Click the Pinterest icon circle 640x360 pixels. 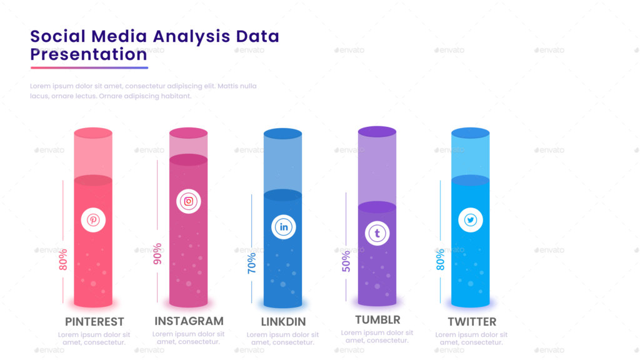coord(93,220)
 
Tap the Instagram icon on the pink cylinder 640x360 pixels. coord(188,201)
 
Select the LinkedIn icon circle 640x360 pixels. coord(283,226)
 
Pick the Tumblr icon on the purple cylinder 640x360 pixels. coord(377,233)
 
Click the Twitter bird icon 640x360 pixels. coord(471,220)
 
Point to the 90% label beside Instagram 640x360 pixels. coord(157,253)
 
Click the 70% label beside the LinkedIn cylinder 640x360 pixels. coord(251,263)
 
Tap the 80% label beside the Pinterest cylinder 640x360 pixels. coord(62,259)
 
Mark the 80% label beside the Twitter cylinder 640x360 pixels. coord(440,259)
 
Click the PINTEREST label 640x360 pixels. coord(94,322)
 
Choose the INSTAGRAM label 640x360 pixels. coord(189,321)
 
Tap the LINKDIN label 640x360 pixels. coord(283,322)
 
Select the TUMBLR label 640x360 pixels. coord(377,320)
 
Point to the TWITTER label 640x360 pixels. coord(472,322)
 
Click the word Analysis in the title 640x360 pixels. coord(192,36)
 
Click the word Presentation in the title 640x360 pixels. coord(89,54)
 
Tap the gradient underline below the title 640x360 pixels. coord(89,67)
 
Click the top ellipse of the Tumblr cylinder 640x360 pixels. coord(377,131)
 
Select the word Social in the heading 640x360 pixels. coord(57,36)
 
